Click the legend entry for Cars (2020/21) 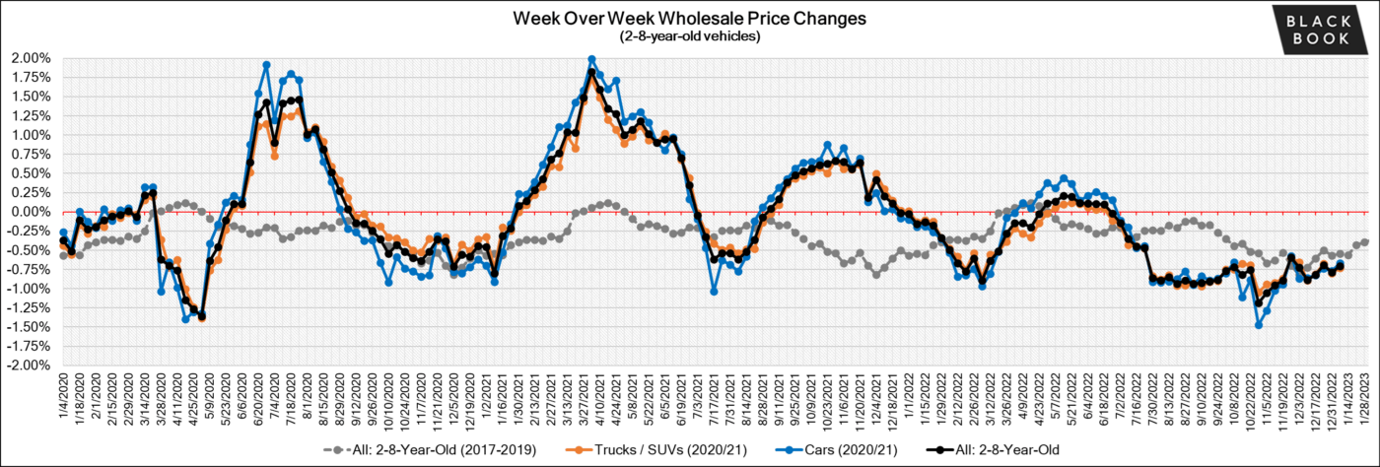[800, 450]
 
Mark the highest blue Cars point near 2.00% [591, 59]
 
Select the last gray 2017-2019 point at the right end [1365, 242]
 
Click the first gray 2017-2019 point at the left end [64, 255]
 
